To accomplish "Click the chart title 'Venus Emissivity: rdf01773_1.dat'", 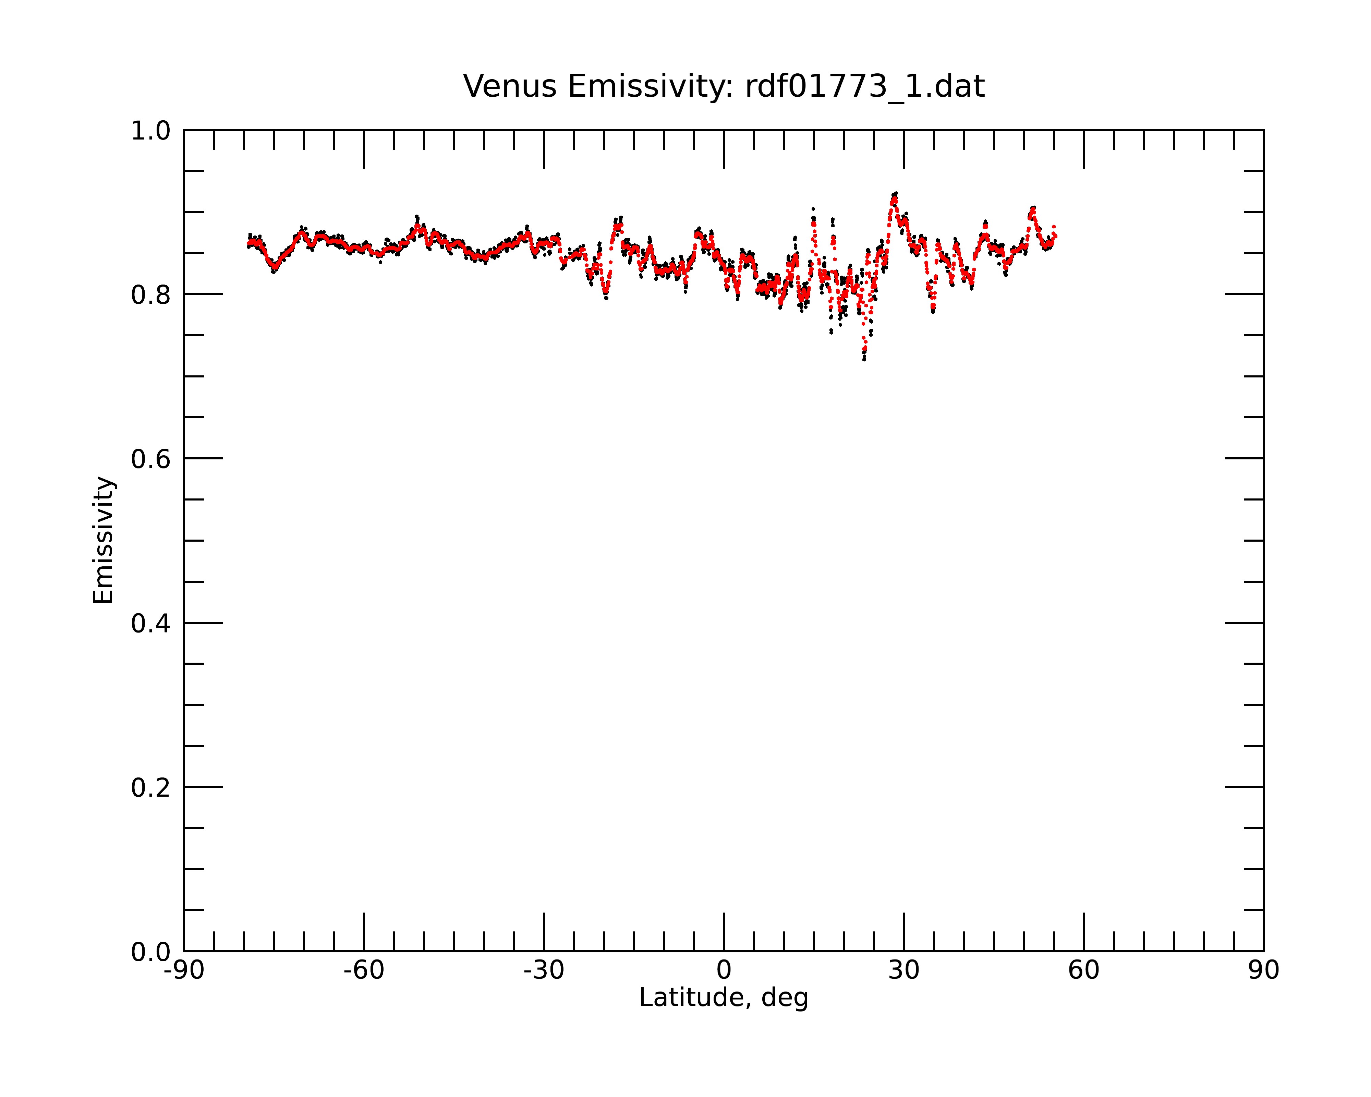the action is click(724, 86).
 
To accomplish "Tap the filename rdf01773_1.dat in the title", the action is click(865, 86).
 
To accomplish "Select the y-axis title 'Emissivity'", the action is click(103, 540).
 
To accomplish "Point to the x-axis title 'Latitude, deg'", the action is click(724, 998).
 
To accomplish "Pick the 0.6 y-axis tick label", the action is click(151, 459).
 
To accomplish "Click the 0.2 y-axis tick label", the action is click(151, 788).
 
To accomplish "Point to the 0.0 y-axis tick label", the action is click(151, 952).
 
